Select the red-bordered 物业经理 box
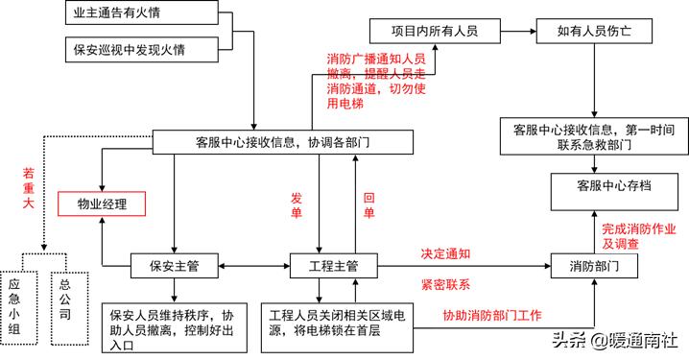pyautogui.click(x=101, y=204)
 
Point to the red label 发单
pyautogui.click(x=297, y=204)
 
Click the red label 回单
pyautogui.click(x=368, y=204)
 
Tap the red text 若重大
pyautogui.click(x=28, y=189)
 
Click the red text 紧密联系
pyautogui.click(x=445, y=285)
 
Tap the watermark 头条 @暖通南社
pyautogui.click(x=614, y=340)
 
